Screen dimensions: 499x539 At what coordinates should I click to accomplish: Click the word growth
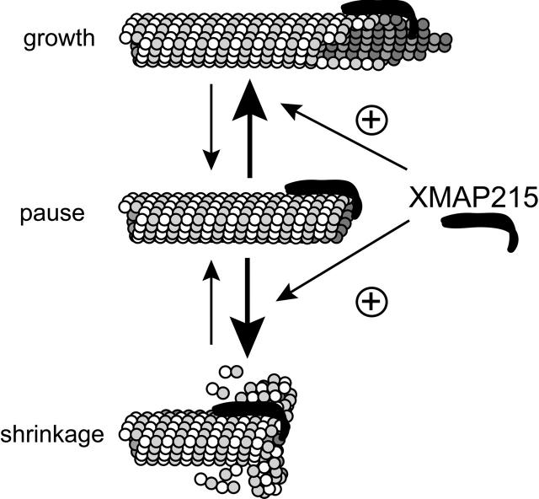pos(61,39)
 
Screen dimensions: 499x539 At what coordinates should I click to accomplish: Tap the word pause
pos(52,212)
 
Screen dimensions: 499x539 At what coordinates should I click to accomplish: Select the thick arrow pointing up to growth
pos(249,126)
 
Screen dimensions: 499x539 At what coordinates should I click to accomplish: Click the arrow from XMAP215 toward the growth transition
pos(345,136)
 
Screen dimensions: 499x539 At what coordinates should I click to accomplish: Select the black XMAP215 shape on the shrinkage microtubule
pos(248,410)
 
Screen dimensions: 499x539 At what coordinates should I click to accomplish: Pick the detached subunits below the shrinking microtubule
pos(219,482)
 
